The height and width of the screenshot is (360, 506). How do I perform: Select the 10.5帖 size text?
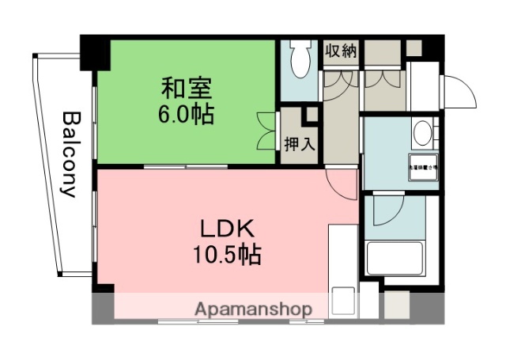coord(225,256)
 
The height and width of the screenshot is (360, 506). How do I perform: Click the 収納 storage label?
coord(341,50)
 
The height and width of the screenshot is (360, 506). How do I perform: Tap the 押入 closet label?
coord(300,144)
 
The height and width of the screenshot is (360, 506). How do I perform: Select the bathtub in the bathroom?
coord(396,259)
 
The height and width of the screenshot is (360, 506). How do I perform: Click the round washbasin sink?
coord(423,132)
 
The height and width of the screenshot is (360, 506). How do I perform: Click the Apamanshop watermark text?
coord(252,309)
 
